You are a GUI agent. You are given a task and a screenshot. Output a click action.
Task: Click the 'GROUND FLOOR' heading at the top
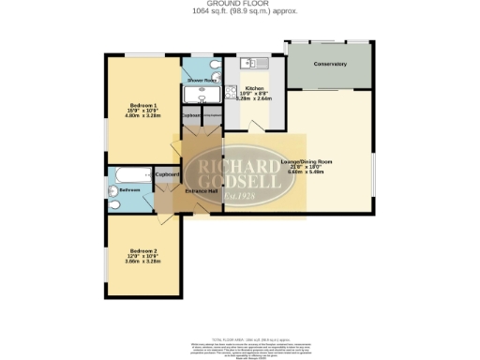[239, 4]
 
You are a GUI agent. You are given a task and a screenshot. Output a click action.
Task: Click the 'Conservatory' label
[330, 64]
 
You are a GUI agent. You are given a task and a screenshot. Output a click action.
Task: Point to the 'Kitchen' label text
[255, 86]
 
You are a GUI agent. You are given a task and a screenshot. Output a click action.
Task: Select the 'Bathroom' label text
[128, 190]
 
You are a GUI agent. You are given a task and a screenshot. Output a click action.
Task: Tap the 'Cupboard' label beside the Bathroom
[167, 174]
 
